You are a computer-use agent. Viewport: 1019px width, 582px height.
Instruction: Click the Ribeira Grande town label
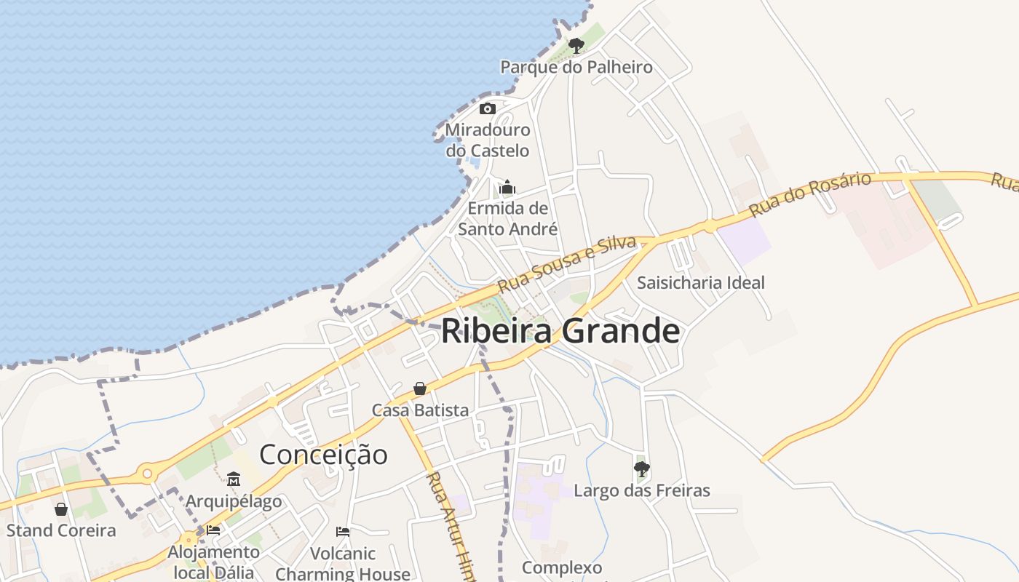(560, 331)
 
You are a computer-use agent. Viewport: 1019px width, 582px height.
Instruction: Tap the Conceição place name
(323, 455)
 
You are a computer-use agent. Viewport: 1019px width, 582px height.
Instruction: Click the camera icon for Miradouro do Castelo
(488, 109)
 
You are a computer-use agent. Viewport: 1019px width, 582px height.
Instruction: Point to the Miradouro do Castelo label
(488, 140)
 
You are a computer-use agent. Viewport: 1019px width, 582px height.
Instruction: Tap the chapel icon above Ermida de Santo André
(507, 188)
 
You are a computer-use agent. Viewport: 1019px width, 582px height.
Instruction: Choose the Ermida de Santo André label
(507, 218)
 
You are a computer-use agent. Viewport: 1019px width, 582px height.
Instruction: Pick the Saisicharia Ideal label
(700, 282)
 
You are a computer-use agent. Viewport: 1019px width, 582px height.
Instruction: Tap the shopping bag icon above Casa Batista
(420, 389)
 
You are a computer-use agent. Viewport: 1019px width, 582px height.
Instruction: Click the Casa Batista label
(420, 410)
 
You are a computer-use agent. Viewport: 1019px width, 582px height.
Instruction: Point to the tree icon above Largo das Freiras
(641, 469)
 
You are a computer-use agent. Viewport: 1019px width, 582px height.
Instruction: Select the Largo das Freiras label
(641, 491)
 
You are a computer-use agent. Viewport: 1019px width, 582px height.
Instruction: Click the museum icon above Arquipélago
(234, 479)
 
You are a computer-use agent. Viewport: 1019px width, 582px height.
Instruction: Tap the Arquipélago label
(234, 501)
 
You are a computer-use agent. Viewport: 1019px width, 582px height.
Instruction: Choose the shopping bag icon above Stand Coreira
(61, 509)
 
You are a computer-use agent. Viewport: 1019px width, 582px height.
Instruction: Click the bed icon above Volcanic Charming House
(343, 532)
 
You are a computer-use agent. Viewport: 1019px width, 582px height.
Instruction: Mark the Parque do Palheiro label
(576, 68)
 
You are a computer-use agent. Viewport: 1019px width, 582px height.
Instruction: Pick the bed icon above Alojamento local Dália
(213, 530)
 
